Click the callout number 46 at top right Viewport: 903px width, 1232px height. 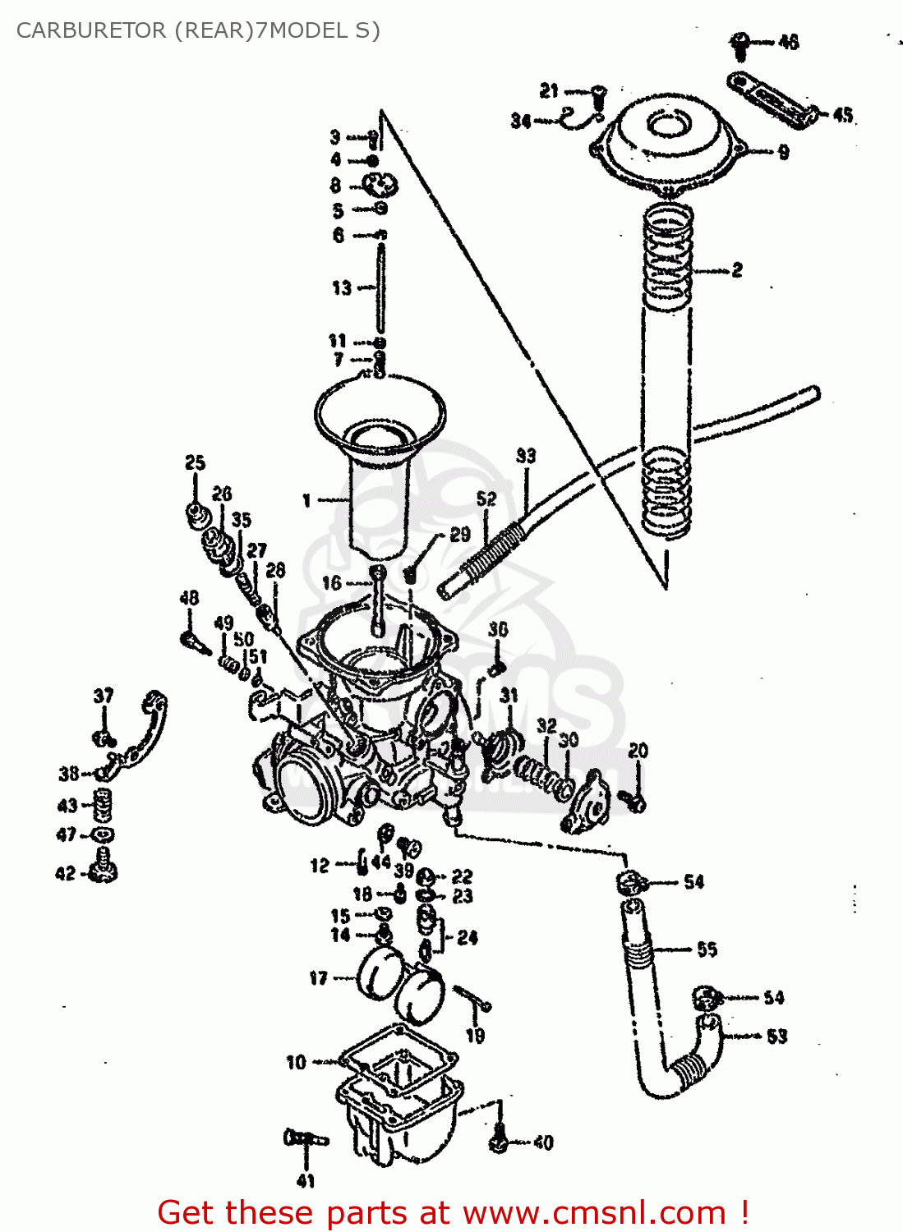[x=788, y=42]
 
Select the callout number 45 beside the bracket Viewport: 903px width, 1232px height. [x=843, y=115]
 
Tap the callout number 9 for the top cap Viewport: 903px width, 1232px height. [x=783, y=152]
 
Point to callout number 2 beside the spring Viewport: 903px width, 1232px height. [x=737, y=270]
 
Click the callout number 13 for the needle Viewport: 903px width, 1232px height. [x=341, y=288]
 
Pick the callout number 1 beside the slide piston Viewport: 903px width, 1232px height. [x=306, y=500]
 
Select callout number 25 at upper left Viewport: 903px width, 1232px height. [x=195, y=463]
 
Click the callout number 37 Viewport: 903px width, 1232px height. [x=104, y=696]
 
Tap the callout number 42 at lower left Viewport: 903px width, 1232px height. [x=66, y=874]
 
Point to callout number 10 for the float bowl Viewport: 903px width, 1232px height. [x=296, y=1063]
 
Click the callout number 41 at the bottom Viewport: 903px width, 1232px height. [x=306, y=1181]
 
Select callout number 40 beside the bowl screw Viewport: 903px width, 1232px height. [x=544, y=1142]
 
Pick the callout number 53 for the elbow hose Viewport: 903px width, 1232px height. [x=776, y=1037]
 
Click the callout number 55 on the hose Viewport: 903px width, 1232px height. [x=707, y=949]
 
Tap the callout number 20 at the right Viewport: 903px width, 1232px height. [x=638, y=751]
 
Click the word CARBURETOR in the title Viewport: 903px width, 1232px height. [x=90, y=30]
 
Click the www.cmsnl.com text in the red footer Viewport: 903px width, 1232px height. [x=593, y=1213]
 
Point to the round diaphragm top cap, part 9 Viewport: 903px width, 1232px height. [x=670, y=140]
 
